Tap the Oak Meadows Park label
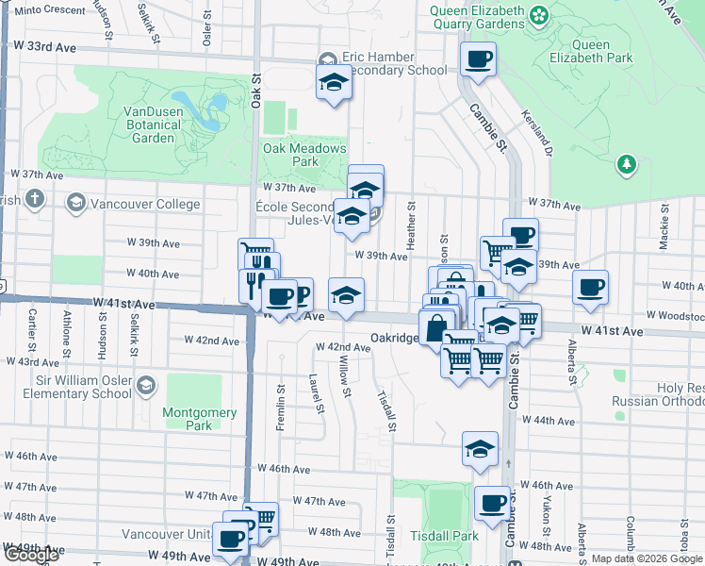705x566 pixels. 304,155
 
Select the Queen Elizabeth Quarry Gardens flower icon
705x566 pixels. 538,15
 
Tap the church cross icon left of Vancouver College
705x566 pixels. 35,199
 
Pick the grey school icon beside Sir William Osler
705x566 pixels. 145,385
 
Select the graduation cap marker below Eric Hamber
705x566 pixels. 333,83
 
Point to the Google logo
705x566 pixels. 32,556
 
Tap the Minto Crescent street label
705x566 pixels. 49,9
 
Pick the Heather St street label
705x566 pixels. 411,225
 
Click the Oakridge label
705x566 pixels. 393,337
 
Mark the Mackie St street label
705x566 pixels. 665,231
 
